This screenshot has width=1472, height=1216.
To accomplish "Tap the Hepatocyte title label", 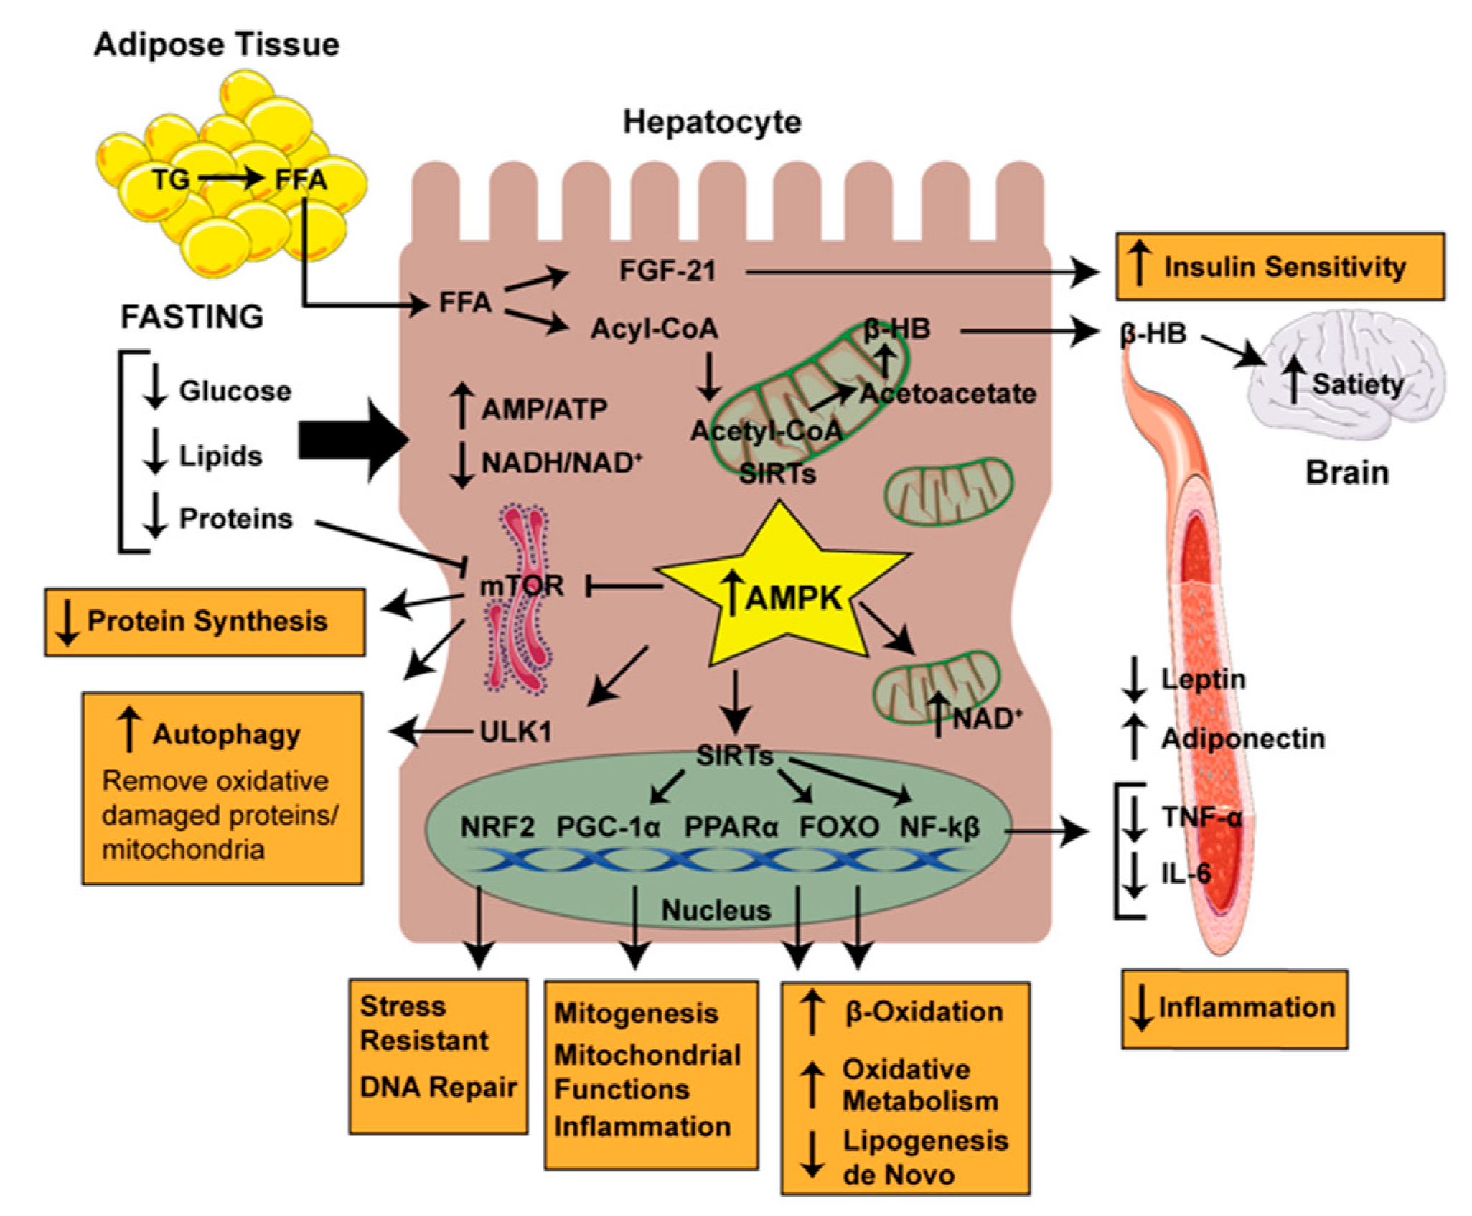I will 711,122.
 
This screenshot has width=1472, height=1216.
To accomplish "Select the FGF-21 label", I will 667,271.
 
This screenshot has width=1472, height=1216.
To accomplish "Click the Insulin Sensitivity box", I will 1279,266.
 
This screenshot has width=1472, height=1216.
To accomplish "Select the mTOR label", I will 522,586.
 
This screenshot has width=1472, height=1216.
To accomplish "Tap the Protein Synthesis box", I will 205,622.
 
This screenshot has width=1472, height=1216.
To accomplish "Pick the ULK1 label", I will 516,731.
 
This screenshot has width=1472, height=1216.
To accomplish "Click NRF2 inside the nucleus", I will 497,827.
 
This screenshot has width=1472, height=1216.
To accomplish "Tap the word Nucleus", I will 716,909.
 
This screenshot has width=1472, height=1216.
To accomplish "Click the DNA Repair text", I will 438,1086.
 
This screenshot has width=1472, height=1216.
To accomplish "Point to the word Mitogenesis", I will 636,1013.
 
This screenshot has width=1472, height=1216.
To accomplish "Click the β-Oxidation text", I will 924,1011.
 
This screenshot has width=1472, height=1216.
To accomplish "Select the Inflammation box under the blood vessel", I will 1234,1009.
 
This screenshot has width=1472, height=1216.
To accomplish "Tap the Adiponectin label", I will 1242,738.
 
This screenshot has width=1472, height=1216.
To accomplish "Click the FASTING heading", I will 192,317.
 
